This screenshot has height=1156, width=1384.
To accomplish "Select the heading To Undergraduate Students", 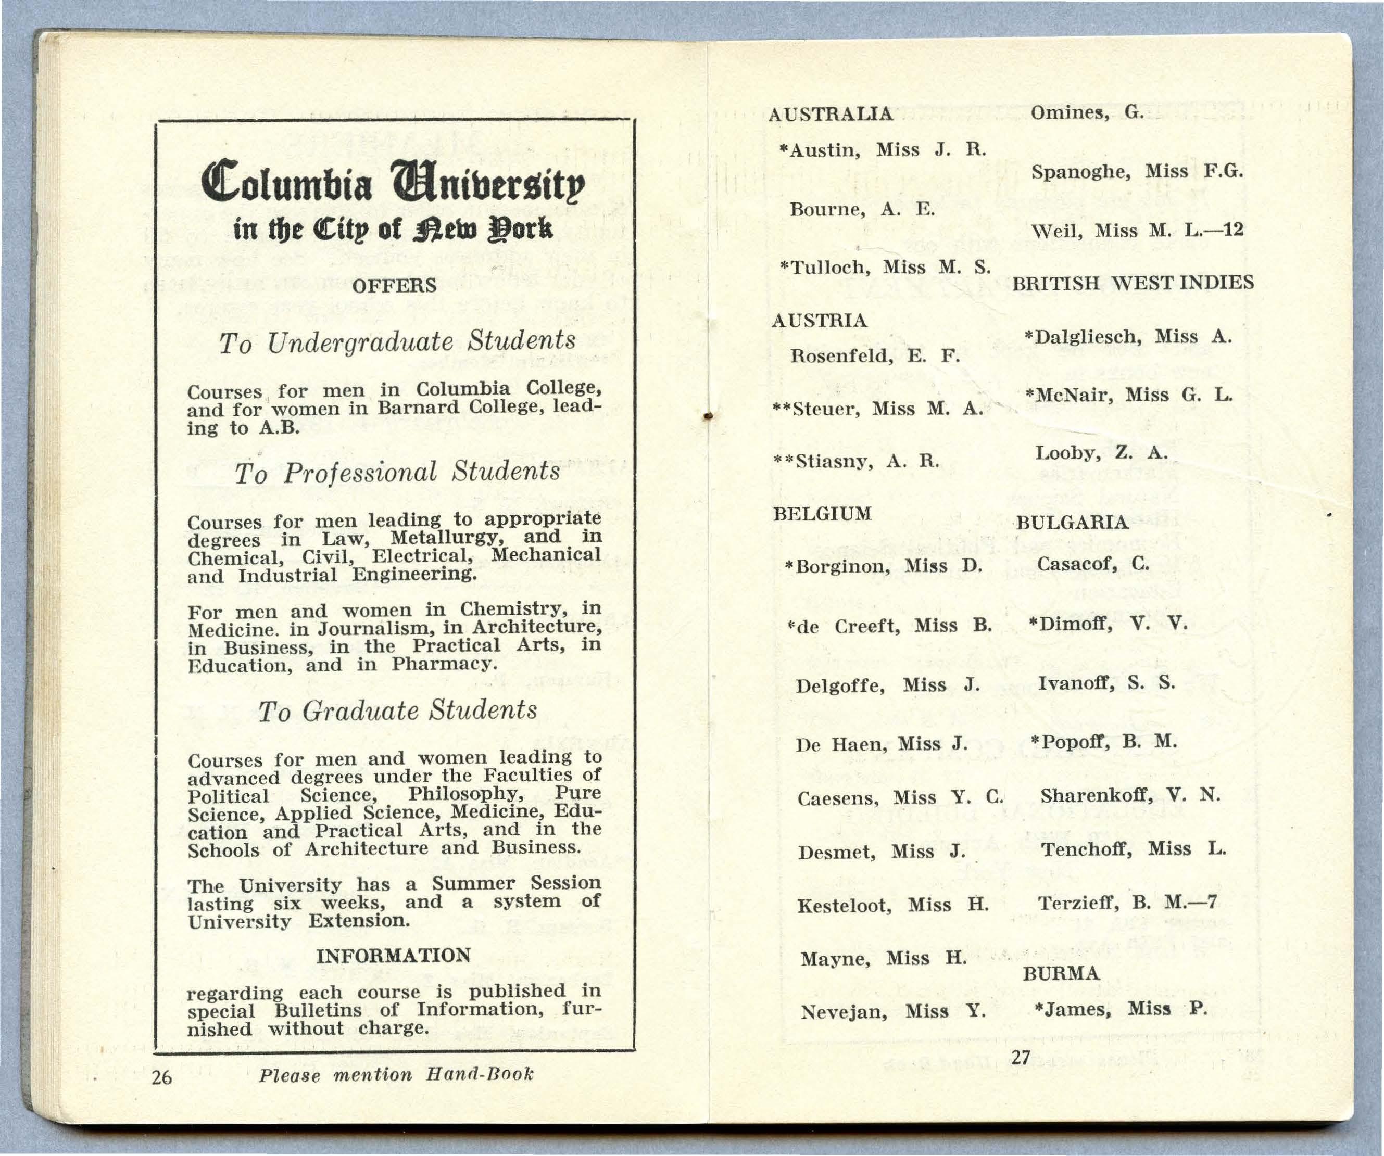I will [x=397, y=342].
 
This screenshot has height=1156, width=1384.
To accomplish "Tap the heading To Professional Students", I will [x=397, y=472].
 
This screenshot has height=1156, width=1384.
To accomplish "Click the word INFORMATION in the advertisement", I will [x=394, y=955].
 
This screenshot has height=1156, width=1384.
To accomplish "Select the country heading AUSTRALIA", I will [x=831, y=115].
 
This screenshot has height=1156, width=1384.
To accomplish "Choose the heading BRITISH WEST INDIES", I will [x=1132, y=283].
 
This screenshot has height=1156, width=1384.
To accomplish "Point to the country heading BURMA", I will [x=1061, y=973].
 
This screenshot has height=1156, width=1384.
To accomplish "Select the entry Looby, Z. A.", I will [x=1101, y=453].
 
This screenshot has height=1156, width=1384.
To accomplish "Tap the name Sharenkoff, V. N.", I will [x=1130, y=796].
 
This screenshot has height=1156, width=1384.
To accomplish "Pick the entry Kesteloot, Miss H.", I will [x=892, y=906].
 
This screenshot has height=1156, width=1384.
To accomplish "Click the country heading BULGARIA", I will [x=1072, y=523].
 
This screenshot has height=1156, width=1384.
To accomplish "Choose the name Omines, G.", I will [x=1087, y=112].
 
